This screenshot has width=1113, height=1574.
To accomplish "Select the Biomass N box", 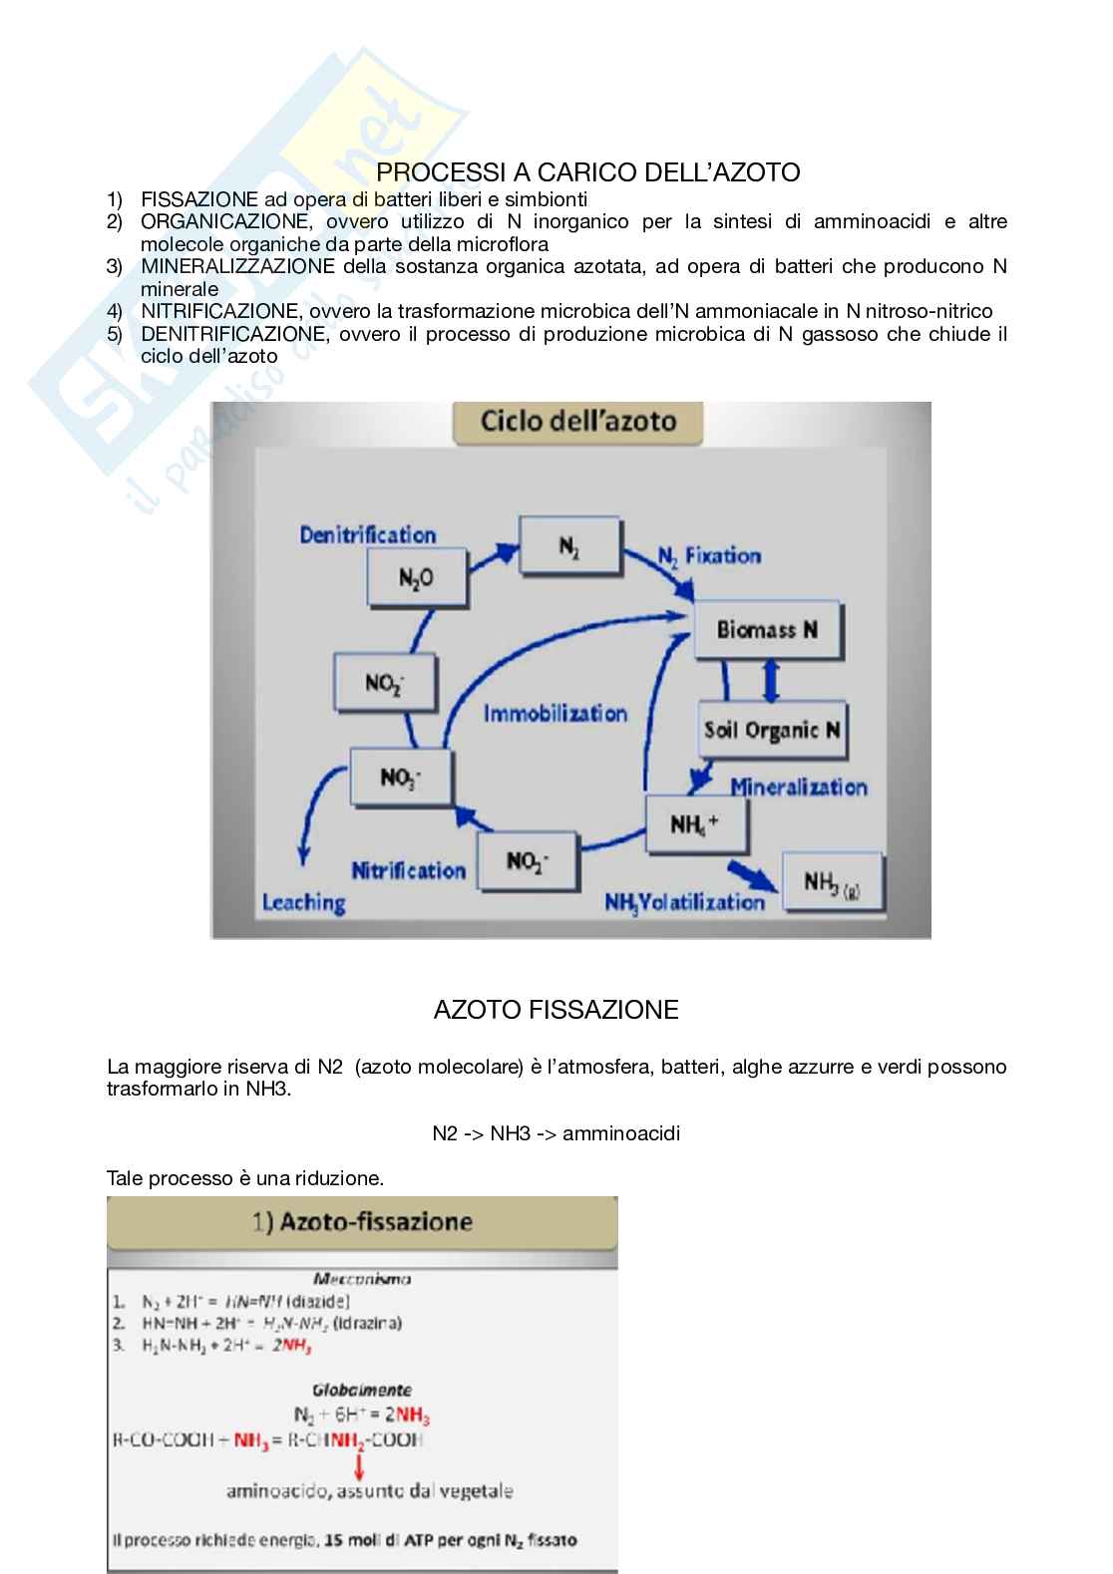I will [x=767, y=629].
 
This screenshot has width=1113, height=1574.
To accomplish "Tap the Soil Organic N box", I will [x=772, y=729].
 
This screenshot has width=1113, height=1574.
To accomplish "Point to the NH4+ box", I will [x=695, y=824].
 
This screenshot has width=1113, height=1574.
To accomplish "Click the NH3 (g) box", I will [x=832, y=882].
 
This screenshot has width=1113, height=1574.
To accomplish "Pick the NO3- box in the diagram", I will [x=400, y=777].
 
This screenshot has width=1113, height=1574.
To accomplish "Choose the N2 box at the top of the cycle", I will [x=569, y=546].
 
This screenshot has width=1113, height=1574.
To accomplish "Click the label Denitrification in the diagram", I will [x=368, y=535].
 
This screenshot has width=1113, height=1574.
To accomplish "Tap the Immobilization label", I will [x=556, y=714].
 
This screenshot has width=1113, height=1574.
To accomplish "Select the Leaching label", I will [x=303, y=903].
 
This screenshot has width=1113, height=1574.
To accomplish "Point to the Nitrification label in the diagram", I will [x=408, y=871].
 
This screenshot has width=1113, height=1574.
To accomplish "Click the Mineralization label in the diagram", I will [x=799, y=787].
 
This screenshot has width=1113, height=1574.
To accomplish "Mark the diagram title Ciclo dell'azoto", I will [x=578, y=421].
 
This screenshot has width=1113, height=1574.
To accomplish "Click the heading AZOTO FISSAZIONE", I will [x=556, y=1010].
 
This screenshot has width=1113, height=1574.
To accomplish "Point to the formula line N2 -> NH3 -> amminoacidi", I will [x=556, y=1133].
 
